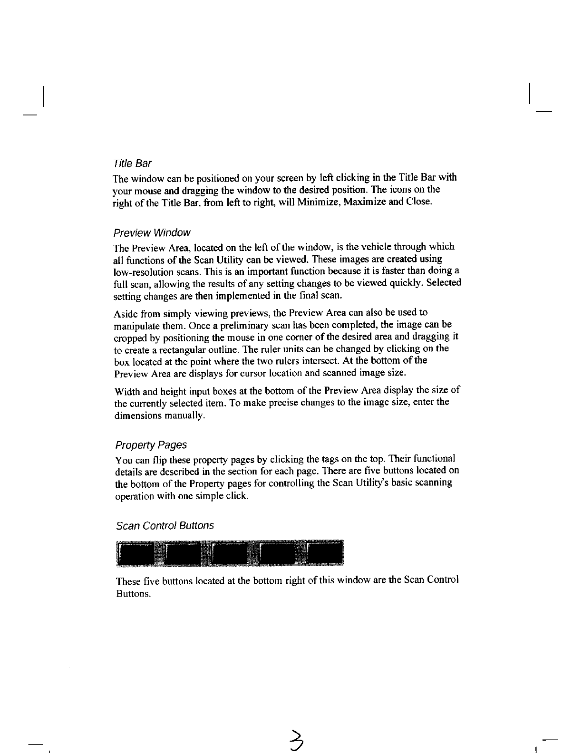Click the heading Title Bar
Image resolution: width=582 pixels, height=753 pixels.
(x=132, y=164)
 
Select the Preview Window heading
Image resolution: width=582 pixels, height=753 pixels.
(x=152, y=233)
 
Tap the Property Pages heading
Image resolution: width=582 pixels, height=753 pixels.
(x=151, y=445)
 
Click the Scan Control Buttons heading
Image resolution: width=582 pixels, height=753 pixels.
(x=165, y=526)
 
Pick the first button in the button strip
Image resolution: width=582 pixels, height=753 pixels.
(x=140, y=554)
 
